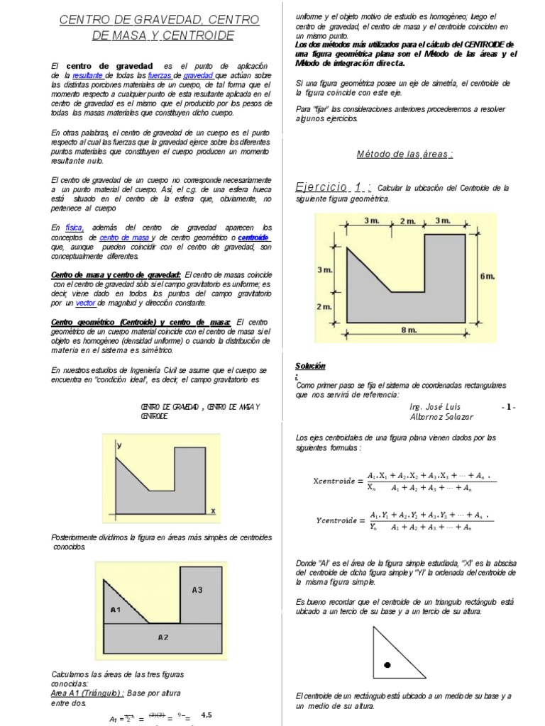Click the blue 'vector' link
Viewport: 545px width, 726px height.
(x=85, y=302)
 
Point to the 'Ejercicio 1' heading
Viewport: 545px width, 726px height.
(x=333, y=187)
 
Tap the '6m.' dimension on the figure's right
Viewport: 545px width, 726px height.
(x=486, y=277)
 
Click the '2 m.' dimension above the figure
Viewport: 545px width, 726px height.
(x=407, y=221)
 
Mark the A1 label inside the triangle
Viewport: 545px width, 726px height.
(x=116, y=608)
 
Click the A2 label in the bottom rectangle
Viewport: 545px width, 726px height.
(x=163, y=637)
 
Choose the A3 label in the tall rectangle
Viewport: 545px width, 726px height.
(x=197, y=589)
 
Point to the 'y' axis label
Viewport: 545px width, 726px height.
(x=120, y=445)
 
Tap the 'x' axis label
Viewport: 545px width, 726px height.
(x=212, y=510)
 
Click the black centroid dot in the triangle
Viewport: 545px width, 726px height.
(x=387, y=665)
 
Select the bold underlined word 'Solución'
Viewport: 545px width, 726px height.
(x=310, y=366)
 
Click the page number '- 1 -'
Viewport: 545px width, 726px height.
(x=508, y=407)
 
